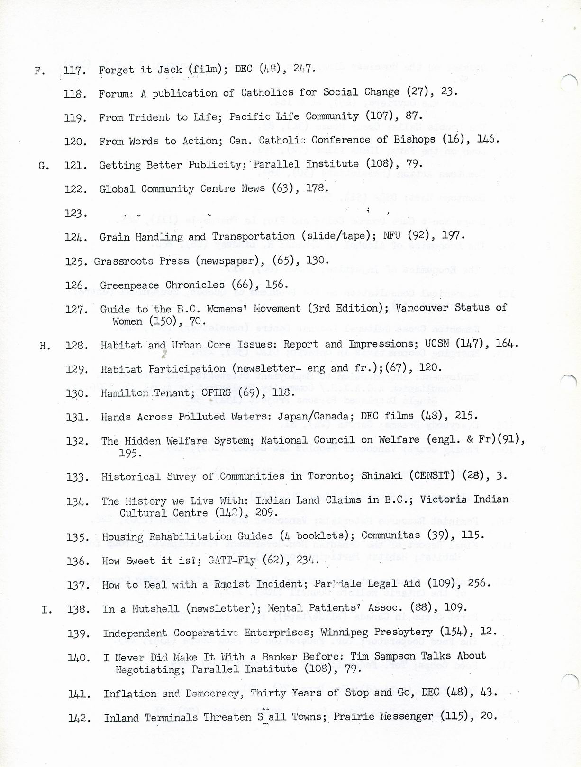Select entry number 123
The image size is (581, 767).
(76, 214)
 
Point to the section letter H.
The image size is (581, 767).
(45, 346)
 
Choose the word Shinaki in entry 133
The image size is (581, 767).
(381, 475)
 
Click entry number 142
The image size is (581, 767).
(80, 718)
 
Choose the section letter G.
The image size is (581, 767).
(43, 166)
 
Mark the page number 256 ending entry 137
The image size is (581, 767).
(477, 583)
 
